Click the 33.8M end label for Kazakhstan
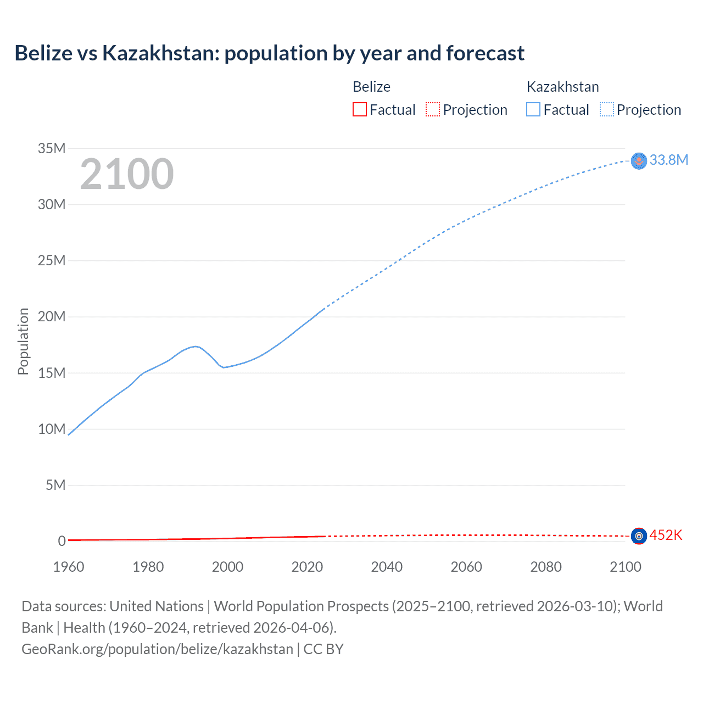[668, 160]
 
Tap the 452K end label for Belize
[666, 535]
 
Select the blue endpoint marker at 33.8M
[639, 160]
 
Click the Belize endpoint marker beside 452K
[639, 536]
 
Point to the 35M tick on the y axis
[52, 148]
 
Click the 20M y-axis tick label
[52, 317]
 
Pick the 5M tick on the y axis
[55, 485]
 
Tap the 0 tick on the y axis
[62, 542]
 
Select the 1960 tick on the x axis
[69, 567]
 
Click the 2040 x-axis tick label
[387, 567]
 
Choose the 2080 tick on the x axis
[546, 567]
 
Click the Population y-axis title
[23, 341]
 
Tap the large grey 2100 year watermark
[127, 174]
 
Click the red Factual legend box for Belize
[359, 110]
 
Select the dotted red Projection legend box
[433, 110]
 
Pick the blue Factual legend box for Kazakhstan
[533, 110]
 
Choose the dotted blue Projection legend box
[607, 110]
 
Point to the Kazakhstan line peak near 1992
[195, 346]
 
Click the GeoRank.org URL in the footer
[157, 649]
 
